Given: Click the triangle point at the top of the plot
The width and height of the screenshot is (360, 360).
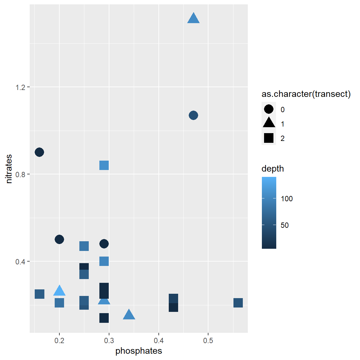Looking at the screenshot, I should pyautogui.click(x=193, y=19).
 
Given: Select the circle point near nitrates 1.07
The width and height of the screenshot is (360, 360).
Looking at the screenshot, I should pyautogui.click(x=193, y=115).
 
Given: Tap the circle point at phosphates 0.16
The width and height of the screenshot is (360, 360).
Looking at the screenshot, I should pyautogui.click(x=39, y=152).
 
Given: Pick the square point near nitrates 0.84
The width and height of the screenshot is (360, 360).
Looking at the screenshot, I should pyautogui.click(x=104, y=165).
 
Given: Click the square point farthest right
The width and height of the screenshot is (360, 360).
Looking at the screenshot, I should pyautogui.click(x=238, y=303).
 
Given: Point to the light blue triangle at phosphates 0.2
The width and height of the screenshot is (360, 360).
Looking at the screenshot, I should pyautogui.click(x=59, y=291).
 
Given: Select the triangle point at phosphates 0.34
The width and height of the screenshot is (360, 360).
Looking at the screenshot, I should pyautogui.click(x=129, y=315).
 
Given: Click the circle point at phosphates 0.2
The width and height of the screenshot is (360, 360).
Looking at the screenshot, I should pyautogui.click(x=59, y=239).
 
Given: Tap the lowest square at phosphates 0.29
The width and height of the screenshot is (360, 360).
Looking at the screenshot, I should pyautogui.click(x=104, y=318).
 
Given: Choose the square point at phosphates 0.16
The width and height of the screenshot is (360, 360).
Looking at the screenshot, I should pyautogui.click(x=39, y=294).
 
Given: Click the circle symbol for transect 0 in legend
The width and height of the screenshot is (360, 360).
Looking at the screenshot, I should pyautogui.click(x=269, y=109).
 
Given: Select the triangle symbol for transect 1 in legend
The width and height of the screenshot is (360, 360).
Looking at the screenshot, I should pyautogui.click(x=269, y=123).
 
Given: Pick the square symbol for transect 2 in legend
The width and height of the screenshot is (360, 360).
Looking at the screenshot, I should pyautogui.click(x=269, y=138).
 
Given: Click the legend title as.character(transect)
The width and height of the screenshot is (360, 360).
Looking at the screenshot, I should pyautogui.click(x=306, y=94).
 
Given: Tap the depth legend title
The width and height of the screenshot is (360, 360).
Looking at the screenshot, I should pyautogui.click(x=273, y=169).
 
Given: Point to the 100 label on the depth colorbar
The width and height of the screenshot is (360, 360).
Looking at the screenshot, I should pyautogui.click(x=287, y=199).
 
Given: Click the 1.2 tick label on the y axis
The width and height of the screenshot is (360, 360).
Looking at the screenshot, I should pyautogui.click(x=20, y=87).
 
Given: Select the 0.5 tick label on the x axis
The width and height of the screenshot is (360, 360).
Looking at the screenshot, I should pyautogui.click(x=208, y=341).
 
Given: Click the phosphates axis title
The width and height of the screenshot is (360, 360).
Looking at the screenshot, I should pyautogui.click(x=139, y=351).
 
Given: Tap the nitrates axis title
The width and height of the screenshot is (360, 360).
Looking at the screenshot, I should pyautogui.click(x=9, y=169).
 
